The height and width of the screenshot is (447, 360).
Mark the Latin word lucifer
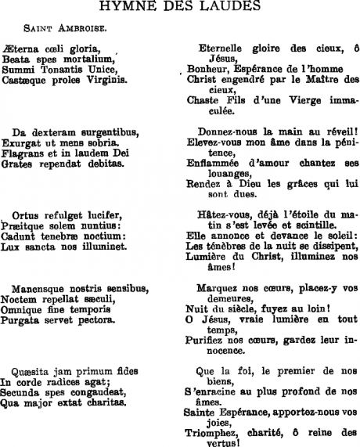103,215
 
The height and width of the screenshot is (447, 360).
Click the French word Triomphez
211,432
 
